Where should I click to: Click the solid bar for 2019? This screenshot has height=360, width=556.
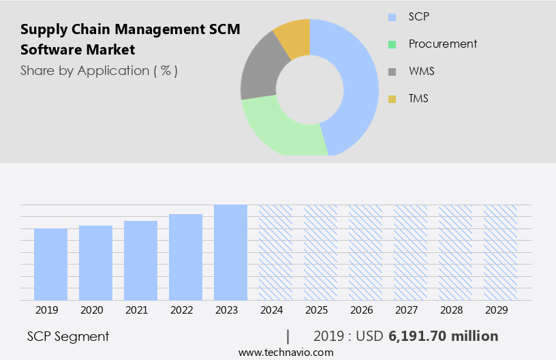50,264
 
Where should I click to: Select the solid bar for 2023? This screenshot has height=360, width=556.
230,252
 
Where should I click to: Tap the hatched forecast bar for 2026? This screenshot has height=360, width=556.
365,252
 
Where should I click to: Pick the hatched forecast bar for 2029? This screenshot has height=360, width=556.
500,252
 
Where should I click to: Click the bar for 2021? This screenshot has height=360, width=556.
140,260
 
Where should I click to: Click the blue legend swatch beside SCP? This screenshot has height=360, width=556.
392,17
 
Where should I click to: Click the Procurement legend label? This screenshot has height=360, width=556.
443,44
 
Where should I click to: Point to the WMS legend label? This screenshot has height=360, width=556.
421,72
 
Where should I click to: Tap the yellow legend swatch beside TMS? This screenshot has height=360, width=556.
392,100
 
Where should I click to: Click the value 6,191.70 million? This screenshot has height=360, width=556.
444,336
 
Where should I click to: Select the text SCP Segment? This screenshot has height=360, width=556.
68,336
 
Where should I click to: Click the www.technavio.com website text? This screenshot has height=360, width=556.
286,352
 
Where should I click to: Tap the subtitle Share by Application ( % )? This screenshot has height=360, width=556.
99,70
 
